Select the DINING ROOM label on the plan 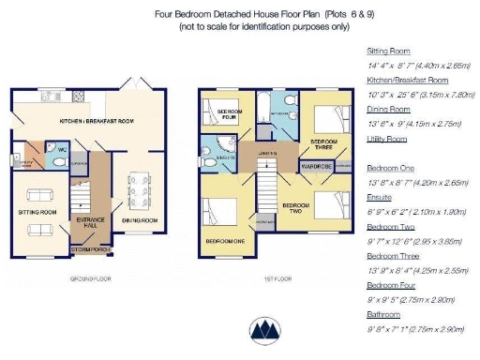click(x=139, y=220)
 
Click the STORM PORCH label click(x=87, y=250)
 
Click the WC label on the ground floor click(x=61, y=149)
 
